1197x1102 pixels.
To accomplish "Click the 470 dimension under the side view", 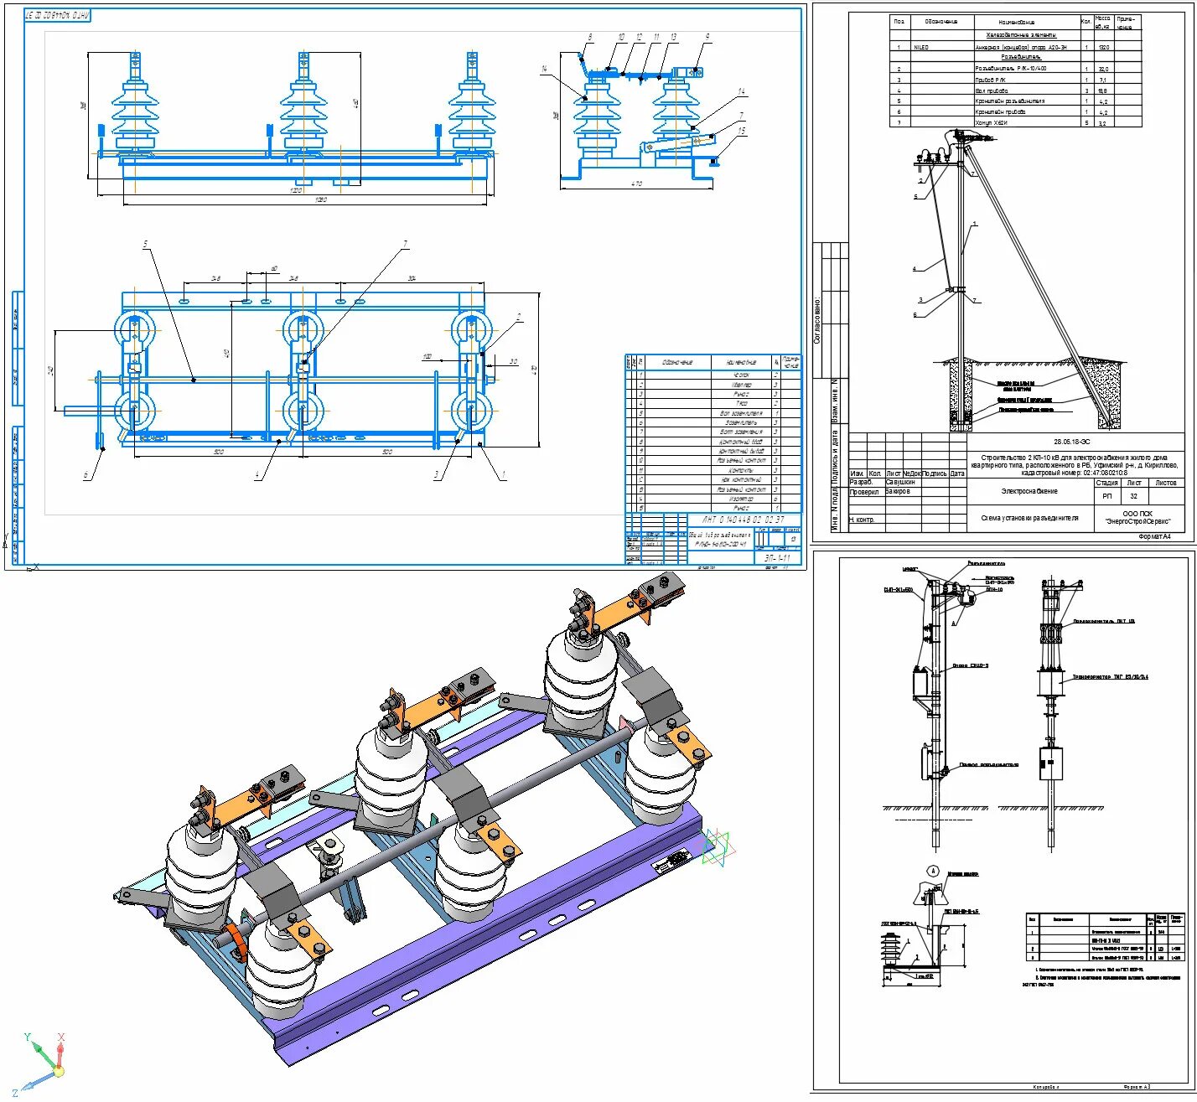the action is tap(635, 184).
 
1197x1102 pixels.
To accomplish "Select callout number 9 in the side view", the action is tap(707, 37).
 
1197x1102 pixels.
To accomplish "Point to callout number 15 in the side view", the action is tap(741, 132).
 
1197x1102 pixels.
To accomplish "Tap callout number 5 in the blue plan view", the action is tap(145, 244).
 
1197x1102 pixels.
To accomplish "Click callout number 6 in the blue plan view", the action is tap(85, 476).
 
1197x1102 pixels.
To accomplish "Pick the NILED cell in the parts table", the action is tap(920, 48).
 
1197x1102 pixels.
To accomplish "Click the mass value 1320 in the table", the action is tap(1104, 48).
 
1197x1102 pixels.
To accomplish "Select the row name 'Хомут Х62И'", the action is tap(991, 122).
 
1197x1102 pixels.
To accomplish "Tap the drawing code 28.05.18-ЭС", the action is tap(1072, 442).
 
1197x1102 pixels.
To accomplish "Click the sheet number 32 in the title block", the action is tap(1133, 496).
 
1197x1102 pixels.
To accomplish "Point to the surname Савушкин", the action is tap(901, 483).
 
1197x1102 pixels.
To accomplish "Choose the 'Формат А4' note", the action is tap(1154, 536).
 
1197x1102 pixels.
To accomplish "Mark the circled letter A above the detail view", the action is tap(932, 871).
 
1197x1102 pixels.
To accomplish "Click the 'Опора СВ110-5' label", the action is tap(970, 666).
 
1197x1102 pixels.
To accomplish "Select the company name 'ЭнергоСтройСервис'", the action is tap(1137, 522).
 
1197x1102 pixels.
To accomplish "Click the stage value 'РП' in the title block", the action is tap(1106, 496).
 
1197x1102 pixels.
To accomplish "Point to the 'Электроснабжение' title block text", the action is tap(1029, 491).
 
